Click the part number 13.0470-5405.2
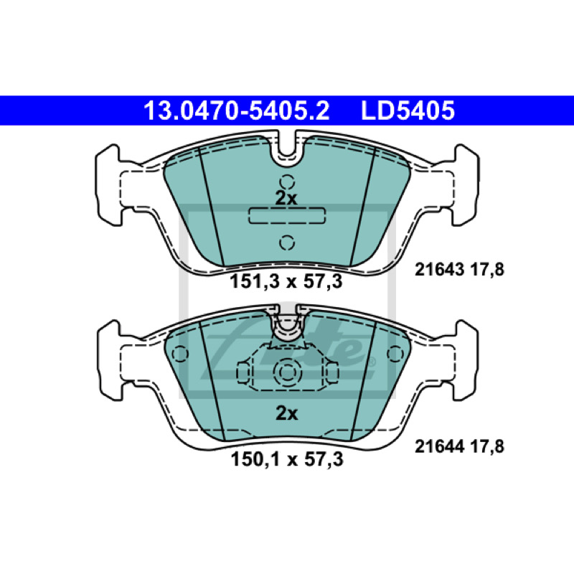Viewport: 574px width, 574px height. [x=237, y=110]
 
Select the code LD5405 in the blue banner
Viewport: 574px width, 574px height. [x=408, y=110]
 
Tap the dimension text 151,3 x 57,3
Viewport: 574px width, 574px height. [x=286, y=281]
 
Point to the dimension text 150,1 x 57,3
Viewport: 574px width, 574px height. [x=287, y=459]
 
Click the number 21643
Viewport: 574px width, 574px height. [x=440, y=270]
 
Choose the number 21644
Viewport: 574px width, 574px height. [x=440, y=446]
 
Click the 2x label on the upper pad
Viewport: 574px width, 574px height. [x=286, y=198]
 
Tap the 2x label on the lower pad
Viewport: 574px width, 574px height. [x=286, y=413]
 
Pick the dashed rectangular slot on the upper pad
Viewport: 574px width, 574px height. [x=287, y=215]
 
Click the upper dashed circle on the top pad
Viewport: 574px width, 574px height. [x=287, y=182]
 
